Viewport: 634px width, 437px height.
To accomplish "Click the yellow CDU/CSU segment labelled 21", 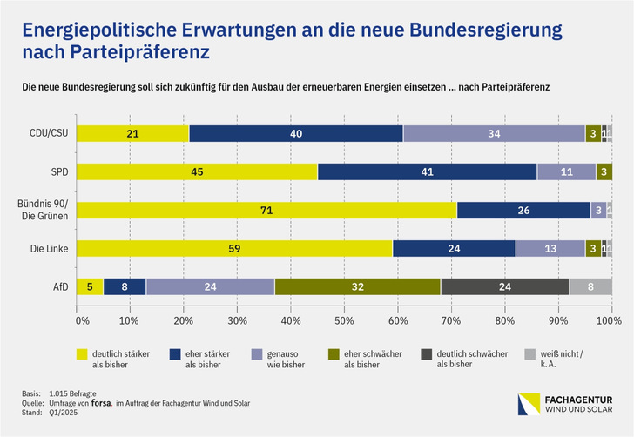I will coord(132,133).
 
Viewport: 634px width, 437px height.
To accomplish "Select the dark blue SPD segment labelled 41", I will coord(427,171).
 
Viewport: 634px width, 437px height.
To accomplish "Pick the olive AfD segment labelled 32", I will coord(357,286).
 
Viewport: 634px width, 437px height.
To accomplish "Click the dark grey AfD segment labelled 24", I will coord(505,286).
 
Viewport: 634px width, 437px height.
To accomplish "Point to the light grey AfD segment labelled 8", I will coord(590,286).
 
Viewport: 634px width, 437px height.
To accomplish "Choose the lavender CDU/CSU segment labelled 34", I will coord(494,133).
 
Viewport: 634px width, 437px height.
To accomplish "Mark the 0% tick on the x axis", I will coord(83,320).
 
